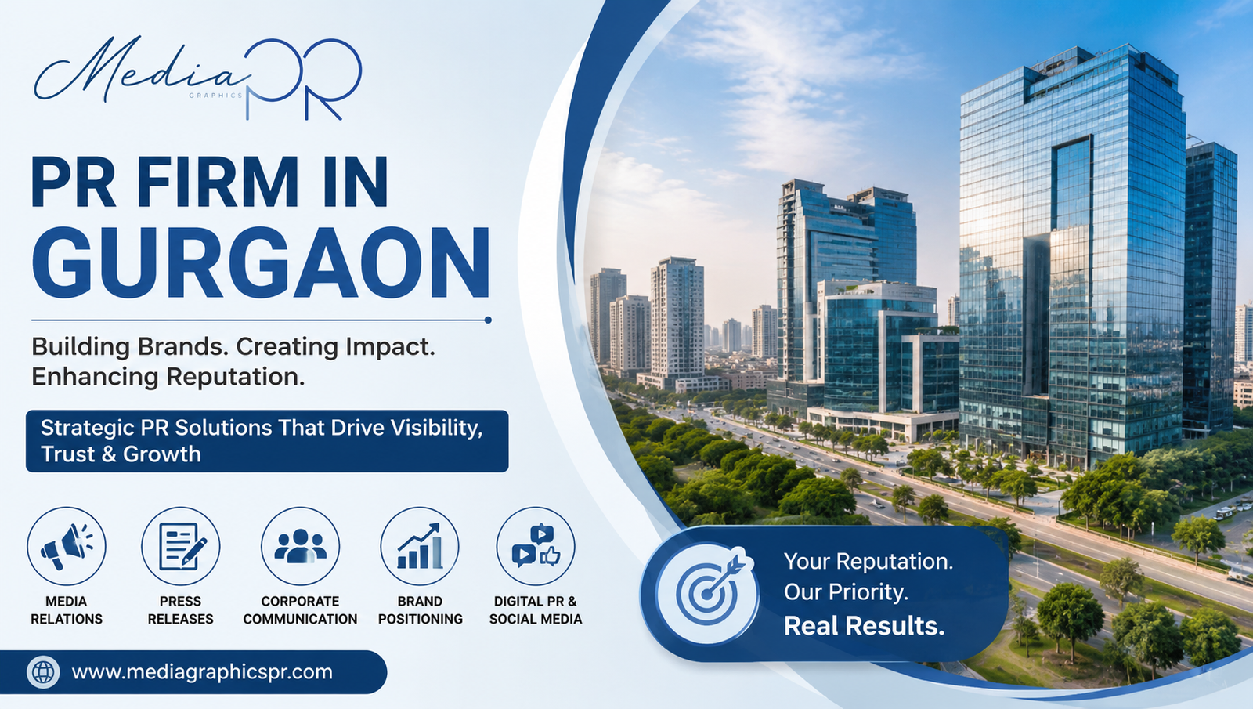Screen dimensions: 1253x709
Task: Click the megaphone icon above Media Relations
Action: click(66, 546)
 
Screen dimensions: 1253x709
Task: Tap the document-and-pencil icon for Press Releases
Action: click(181, 546)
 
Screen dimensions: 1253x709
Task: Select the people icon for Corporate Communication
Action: click(301, 546)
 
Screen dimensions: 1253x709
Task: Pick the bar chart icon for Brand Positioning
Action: click(420, 546)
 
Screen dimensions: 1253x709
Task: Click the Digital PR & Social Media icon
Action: click(536, 546)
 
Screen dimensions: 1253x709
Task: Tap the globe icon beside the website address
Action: click(43, 672)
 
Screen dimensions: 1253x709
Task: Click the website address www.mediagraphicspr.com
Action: click(202, 672)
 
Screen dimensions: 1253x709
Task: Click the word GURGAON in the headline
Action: click(261, 262)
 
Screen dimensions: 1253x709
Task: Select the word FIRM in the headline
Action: click(218, 182)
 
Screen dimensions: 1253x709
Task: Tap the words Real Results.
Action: click(865, 626)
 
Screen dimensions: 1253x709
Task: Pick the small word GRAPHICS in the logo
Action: click(215, 96)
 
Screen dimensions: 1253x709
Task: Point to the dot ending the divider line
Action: click(488, 320)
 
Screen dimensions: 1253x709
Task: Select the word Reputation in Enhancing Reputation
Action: click(236, 377)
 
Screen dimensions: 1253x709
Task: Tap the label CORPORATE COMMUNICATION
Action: click(301, 610)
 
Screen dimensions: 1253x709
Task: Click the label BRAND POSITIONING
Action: click(420, 610)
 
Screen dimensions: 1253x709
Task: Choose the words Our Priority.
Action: click(846, 592)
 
